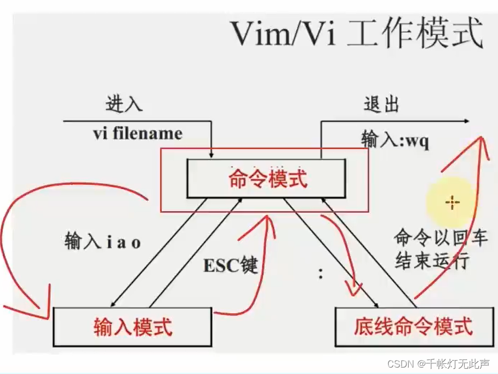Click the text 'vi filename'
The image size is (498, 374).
[x=137, y=132]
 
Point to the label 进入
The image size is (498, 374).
[x=124, y=104]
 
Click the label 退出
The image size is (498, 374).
[x=381, y=104]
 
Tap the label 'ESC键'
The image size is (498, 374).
[x=231, y=264]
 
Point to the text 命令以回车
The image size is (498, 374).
[x=441, y=237]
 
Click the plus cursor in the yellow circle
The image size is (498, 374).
[x=453, y=202]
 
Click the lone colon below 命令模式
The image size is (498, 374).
[x=321, y=274]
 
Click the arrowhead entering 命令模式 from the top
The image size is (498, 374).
[x=212, y=154]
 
